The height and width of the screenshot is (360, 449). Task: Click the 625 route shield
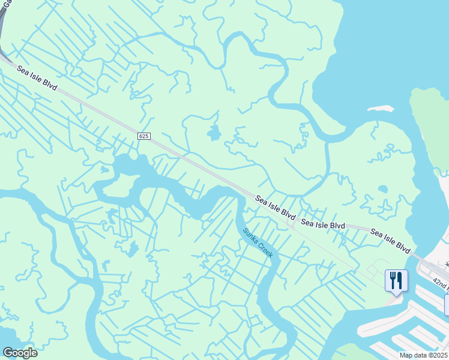pos(143,137)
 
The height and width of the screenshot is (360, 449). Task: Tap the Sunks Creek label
pos(258,242)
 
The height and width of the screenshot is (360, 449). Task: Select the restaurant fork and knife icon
pos(396,280)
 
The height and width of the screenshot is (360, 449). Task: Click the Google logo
pos(20,353)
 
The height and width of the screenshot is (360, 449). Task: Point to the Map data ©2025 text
pos(424,355)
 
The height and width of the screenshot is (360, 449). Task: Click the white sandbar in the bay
pos(379,109)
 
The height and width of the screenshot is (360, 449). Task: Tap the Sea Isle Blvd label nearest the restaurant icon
pos(390,240)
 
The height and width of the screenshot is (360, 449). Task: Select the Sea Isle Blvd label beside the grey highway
pos(37,79)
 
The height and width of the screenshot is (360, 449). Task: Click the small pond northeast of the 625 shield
pos(213,133)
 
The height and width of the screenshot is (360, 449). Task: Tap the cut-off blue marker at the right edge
pos(446,305)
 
